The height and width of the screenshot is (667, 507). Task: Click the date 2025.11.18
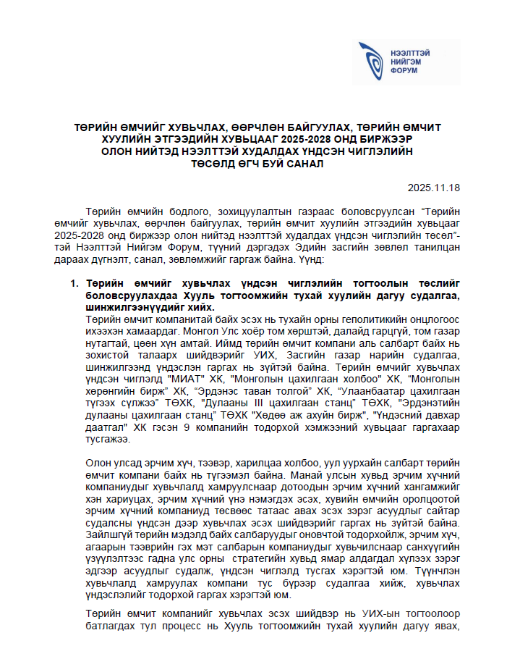433,186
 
